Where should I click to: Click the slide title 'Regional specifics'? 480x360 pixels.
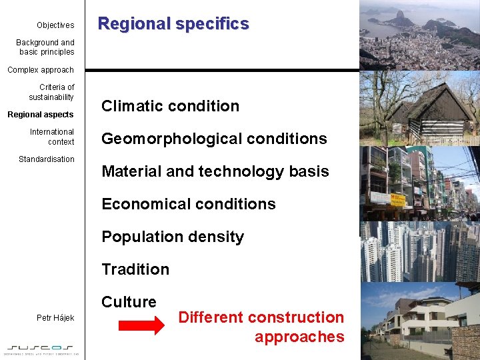point(173,24)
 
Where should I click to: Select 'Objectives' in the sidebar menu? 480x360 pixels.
point(55,25)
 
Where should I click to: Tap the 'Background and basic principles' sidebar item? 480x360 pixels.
point(45,47)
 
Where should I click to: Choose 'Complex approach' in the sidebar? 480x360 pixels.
point(41,70)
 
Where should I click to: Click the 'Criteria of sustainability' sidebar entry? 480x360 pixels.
point(52,92)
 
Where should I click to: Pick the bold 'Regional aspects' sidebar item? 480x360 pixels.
point(41,115)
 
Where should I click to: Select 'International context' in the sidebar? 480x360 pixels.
point(52,137)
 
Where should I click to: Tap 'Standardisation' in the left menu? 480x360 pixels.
point(47,159)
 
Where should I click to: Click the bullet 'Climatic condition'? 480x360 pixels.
point(170,106)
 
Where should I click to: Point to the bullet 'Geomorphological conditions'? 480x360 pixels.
point(214,139)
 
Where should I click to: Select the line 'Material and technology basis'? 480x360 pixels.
point(215,171)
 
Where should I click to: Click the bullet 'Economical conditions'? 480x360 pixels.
point(189,204)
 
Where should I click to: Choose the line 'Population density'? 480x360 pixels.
point(173,237)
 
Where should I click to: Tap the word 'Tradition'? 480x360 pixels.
point(135,269)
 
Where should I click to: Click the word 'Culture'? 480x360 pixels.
point(129,302)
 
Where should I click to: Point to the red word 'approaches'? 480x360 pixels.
point(299,337)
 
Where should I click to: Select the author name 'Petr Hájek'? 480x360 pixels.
point(55,318)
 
